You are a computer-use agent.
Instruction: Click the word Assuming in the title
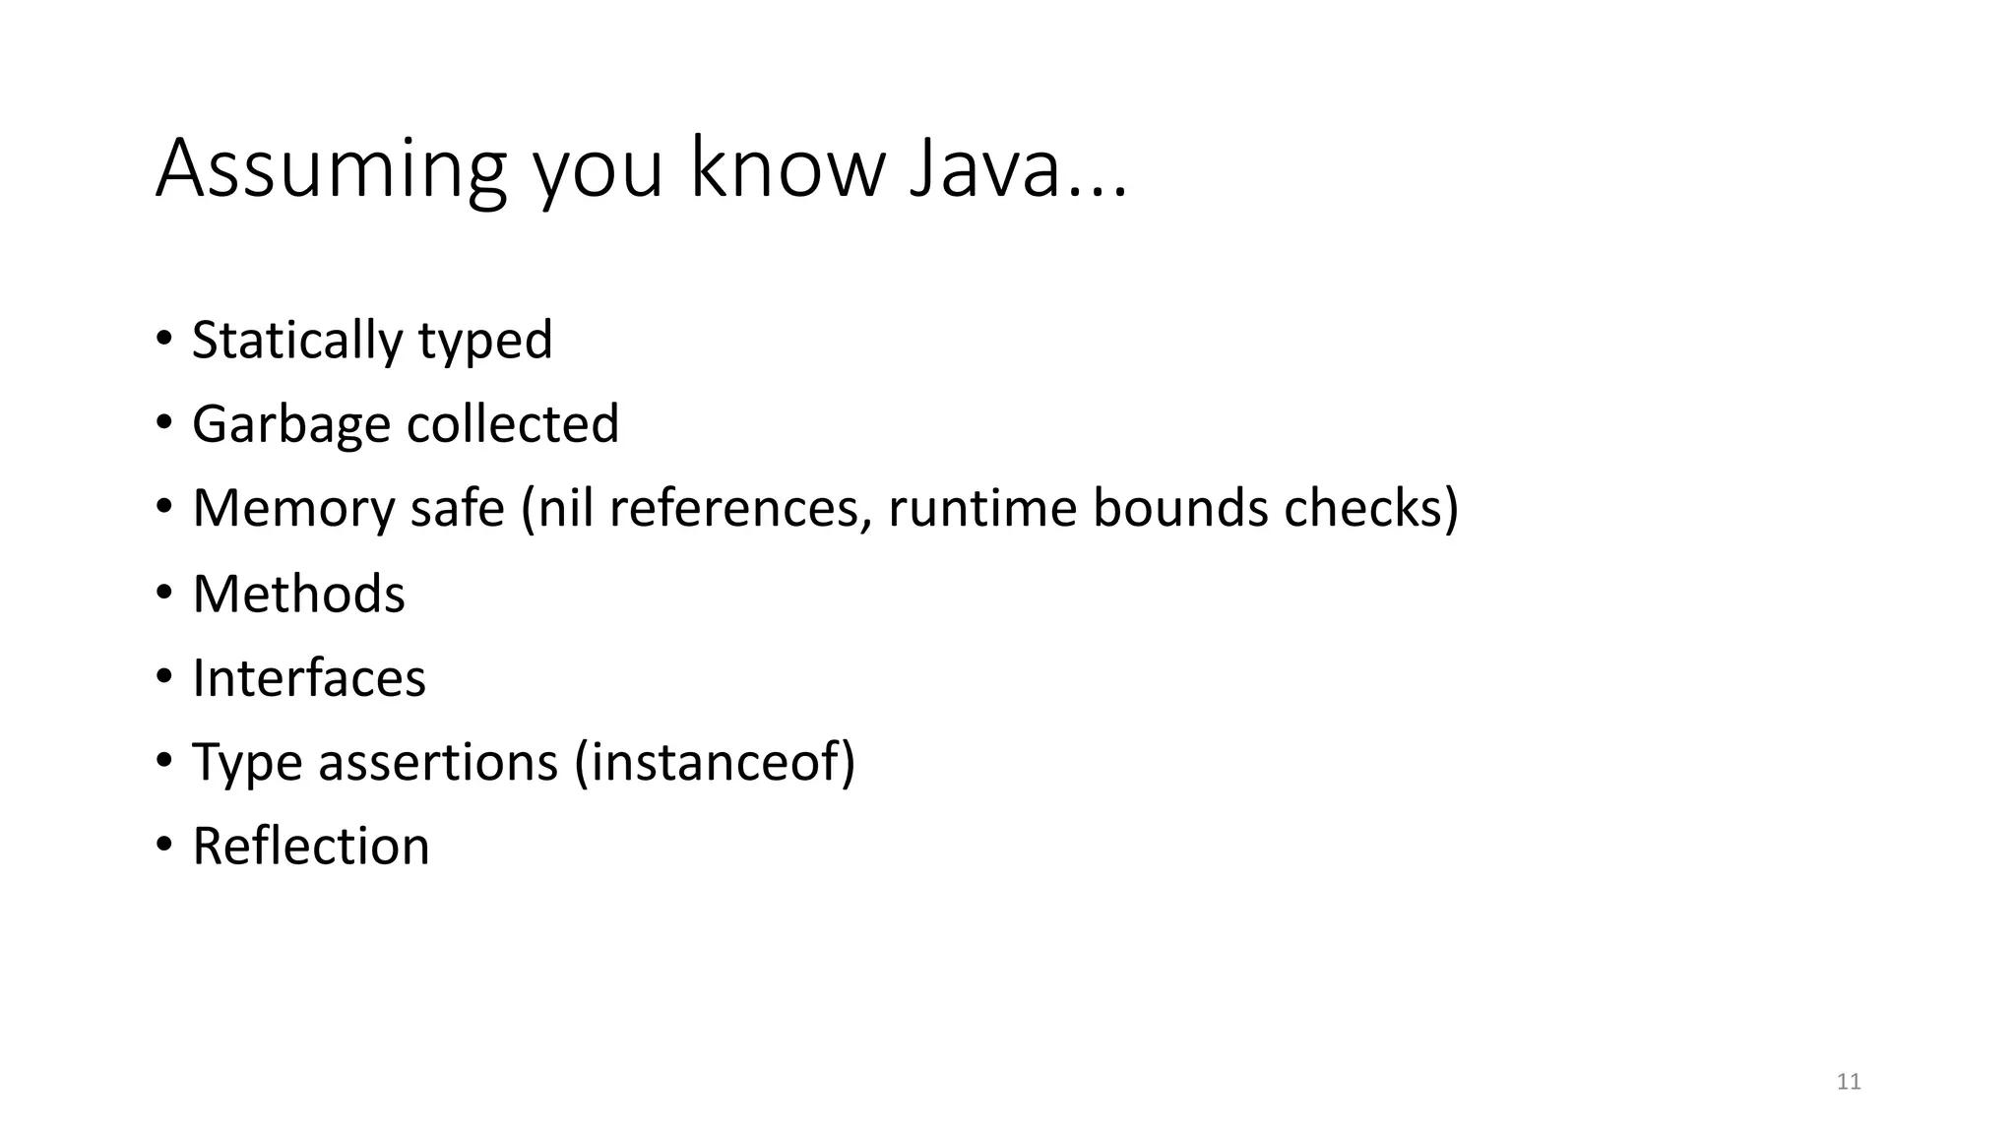coord(331,169)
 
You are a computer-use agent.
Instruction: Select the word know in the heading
coord(787,169)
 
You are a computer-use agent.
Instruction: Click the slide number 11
coord(1849,1082)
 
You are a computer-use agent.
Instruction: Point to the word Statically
coord(296,341)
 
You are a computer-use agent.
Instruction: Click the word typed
coord(484,341)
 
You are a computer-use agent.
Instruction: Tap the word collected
coord(513,424)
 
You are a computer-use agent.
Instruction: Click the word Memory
coord(292,509)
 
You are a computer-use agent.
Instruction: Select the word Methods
coord(298,594)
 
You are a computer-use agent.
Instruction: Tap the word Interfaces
coord(309,678)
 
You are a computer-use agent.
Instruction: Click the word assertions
coord(437,762)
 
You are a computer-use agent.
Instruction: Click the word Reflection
coord(311,847)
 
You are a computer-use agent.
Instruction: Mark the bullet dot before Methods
coord(163,593)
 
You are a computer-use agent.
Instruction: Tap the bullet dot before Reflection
coord(163,846)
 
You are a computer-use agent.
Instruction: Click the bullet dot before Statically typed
coord(163,340)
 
